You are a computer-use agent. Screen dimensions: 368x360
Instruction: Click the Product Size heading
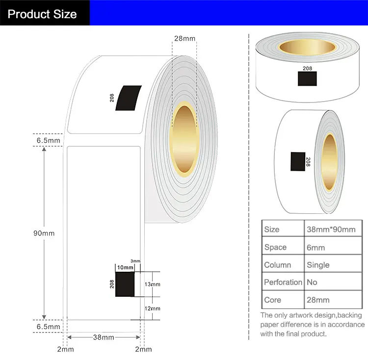coord(42,14)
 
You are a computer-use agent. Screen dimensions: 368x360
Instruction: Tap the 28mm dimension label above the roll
coord(184,38)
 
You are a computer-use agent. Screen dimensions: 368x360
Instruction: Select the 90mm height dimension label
coord(44,233)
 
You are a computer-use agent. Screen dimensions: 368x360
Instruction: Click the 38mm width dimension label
coord(104,337)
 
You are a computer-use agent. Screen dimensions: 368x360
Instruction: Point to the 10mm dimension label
coord(125,267)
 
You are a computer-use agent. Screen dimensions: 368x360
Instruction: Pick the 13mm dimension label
coord(152,284)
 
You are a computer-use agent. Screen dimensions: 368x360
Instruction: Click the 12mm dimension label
coord(152,309)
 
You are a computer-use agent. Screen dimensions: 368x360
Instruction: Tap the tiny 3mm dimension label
coord(135,261)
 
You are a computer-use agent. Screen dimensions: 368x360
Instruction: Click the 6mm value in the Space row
coord(315,247)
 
